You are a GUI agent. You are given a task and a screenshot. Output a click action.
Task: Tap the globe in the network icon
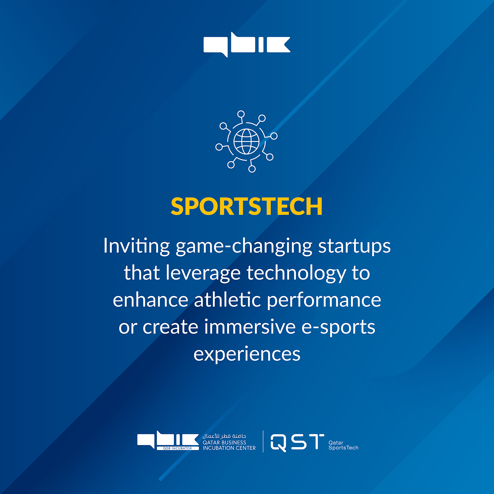tap(247, 141)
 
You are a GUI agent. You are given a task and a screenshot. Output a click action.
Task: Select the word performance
tap(324, 301)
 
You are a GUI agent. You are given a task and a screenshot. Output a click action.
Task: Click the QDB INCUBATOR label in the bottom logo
tap(178, 448)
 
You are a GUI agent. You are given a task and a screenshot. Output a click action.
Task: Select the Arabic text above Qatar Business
tap(224, 436)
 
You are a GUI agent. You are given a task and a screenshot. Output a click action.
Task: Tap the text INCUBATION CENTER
tap(229, 448)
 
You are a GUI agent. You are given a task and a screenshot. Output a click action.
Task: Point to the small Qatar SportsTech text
tap(343, 445)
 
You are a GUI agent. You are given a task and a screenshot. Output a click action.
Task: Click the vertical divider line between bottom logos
tap(263, 441)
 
